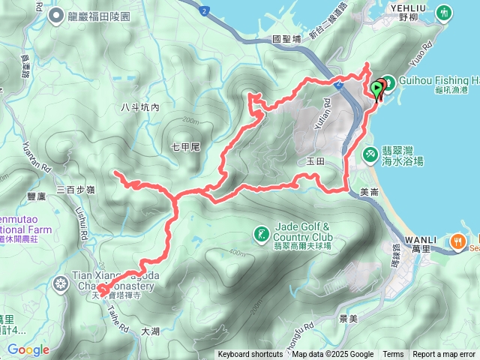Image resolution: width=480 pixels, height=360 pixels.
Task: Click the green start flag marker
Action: [378, 87]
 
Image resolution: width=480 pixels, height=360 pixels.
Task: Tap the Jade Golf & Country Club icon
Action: [261, 235]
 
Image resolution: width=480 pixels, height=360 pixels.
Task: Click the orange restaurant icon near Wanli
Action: [458, 241]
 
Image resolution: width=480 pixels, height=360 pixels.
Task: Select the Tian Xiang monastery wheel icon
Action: [60, 283]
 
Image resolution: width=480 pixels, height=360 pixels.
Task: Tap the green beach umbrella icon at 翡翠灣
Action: [370, 153]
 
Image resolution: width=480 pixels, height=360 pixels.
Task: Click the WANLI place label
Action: [421, 238]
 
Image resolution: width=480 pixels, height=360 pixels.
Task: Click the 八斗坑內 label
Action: [140, 108]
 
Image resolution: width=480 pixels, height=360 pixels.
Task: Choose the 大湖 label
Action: [151, 331]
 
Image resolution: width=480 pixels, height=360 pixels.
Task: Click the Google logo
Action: [28, 349]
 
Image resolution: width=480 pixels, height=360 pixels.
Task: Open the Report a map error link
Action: [444, 355]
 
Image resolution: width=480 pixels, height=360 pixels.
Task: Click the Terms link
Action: [393, 355]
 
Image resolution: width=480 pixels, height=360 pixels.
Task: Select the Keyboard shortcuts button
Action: [251, 355]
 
